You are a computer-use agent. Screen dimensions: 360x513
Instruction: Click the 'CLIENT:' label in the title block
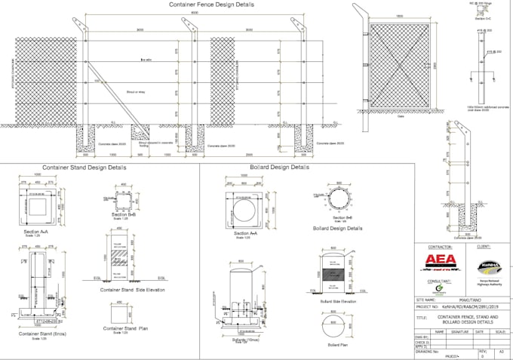pos(485,246)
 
